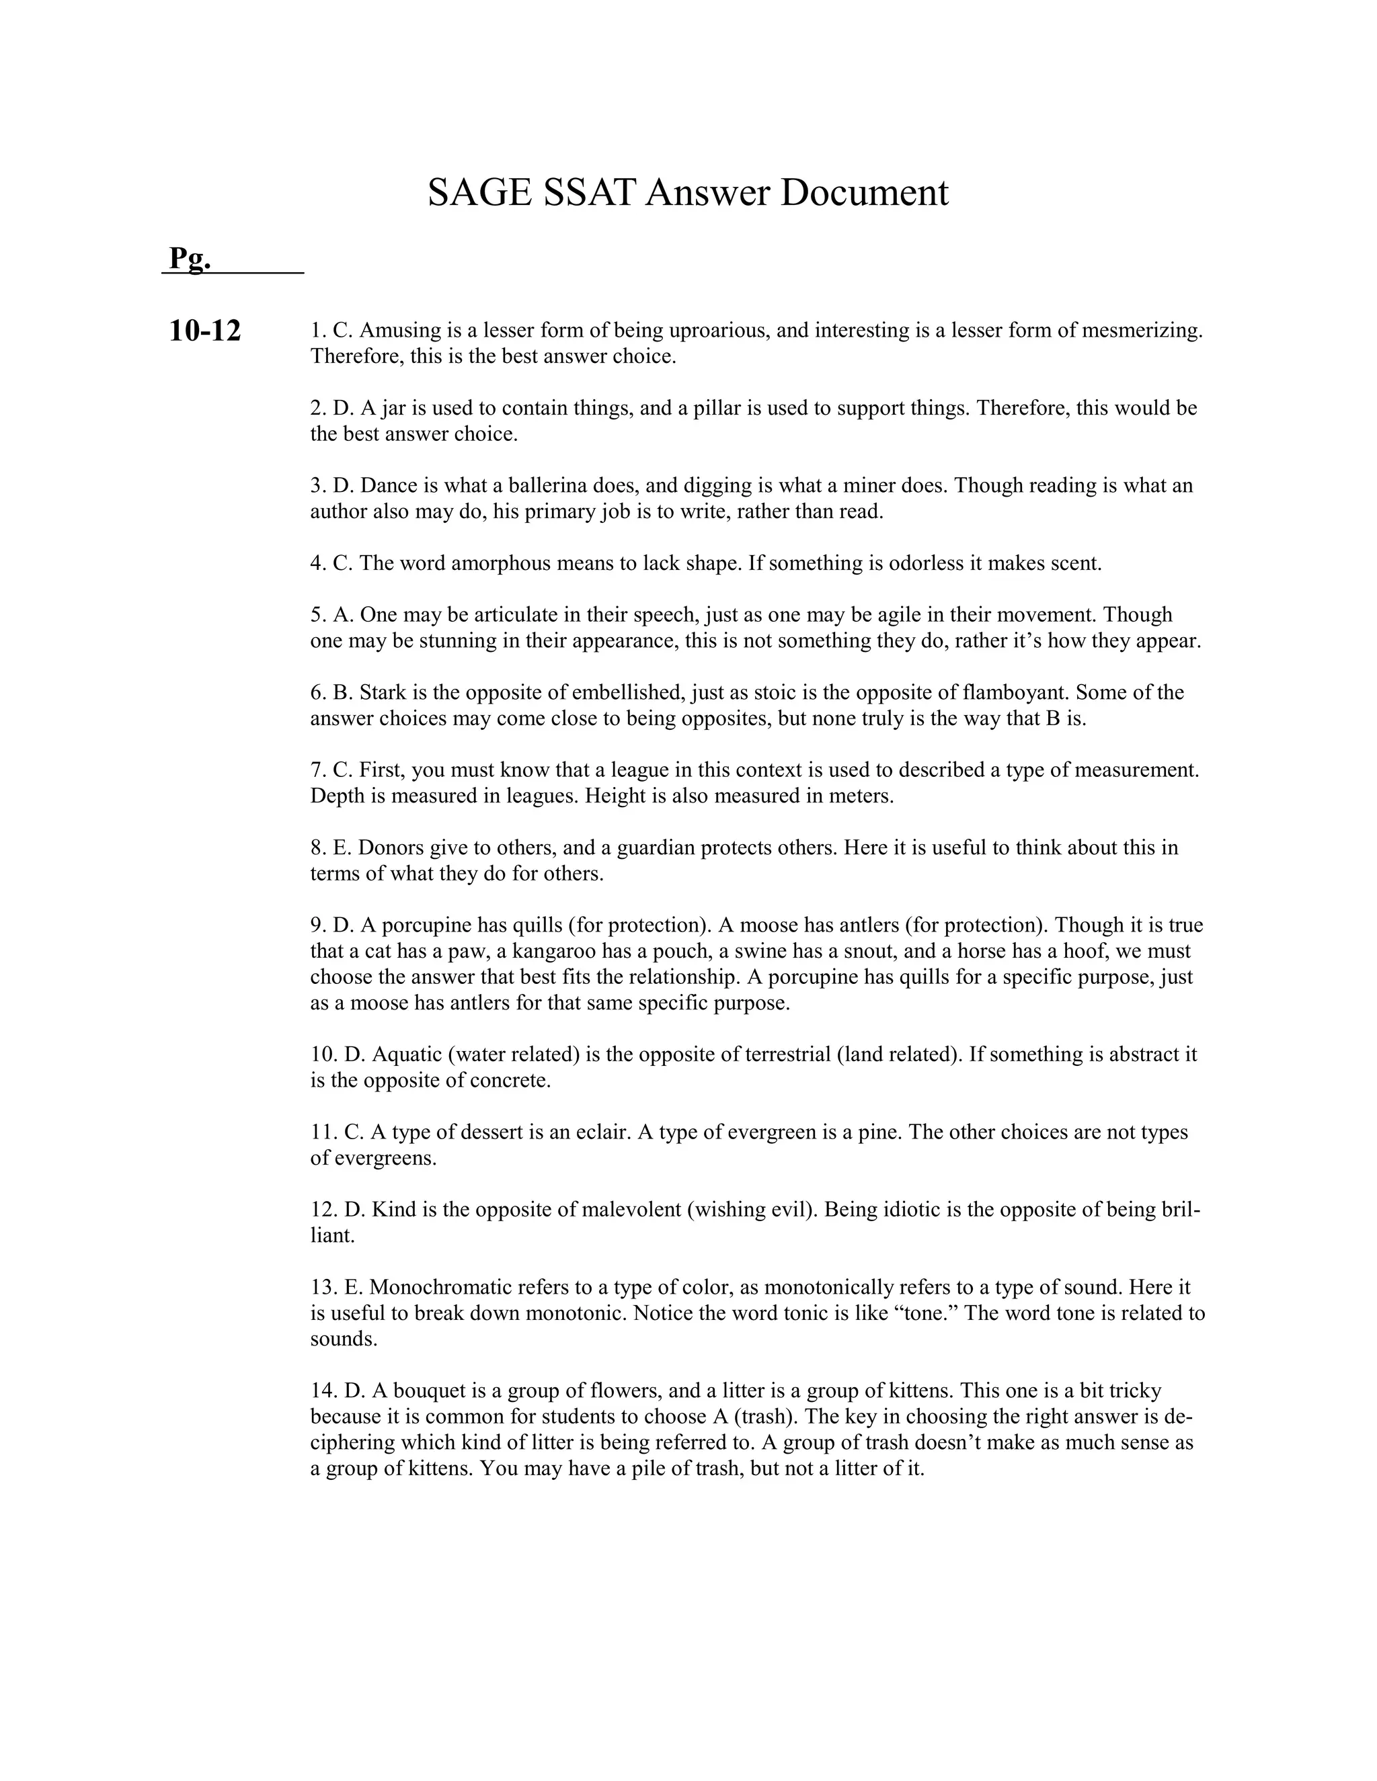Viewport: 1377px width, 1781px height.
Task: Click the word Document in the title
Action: point(864,194)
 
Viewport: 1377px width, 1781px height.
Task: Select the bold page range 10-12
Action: point(205,331)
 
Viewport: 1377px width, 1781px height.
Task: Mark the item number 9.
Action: point(317,925)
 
